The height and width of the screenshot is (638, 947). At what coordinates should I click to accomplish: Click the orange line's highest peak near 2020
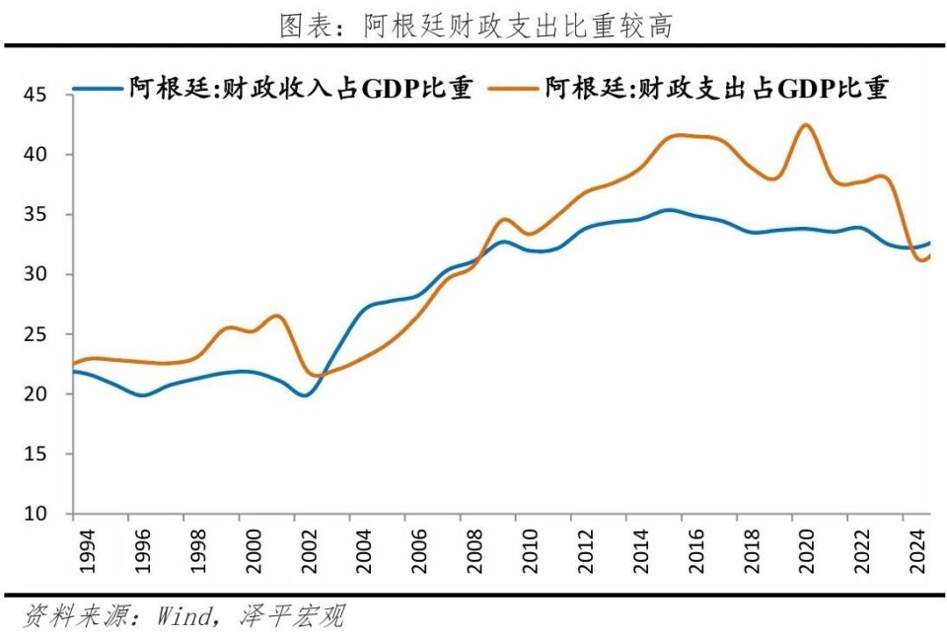(x=806, y=124)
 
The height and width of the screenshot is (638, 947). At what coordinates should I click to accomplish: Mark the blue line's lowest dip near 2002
(x=305, y=394)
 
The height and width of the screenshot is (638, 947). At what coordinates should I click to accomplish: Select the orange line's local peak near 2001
(x=278, y=316)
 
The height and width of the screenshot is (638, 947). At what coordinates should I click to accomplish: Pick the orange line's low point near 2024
(x=922, y=260)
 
